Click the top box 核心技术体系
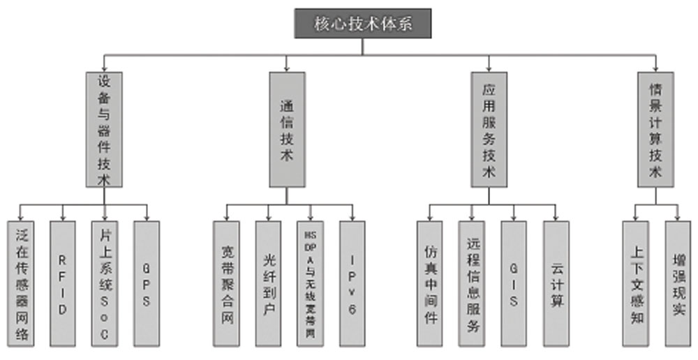click(363, 23)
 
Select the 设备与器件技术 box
click(104, 129)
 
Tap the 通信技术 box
click(287, 129)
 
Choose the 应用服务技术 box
click(489, 129)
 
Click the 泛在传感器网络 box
click(21, 283)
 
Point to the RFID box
click(63, 283)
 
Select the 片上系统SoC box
click(104, 283)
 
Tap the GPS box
click(147, 283)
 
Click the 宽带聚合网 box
click(226, 283)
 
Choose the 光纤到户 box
click(268, 283)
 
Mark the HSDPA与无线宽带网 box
click(310, 283)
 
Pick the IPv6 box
click(352, 283)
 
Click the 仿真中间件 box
click(429, 283)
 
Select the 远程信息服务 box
click(471, 283)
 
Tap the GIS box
click(514, 283)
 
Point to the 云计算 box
click(556, 283)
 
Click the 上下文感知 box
click(635, 283)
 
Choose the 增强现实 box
click(677, 283)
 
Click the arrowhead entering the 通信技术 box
click(287, 68)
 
